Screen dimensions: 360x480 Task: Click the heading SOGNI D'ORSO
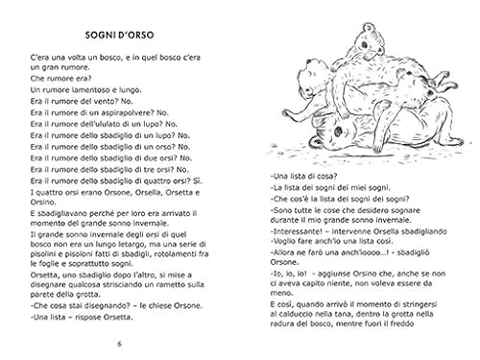coord(119,36)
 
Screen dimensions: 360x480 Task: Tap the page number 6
coord(119,343)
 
